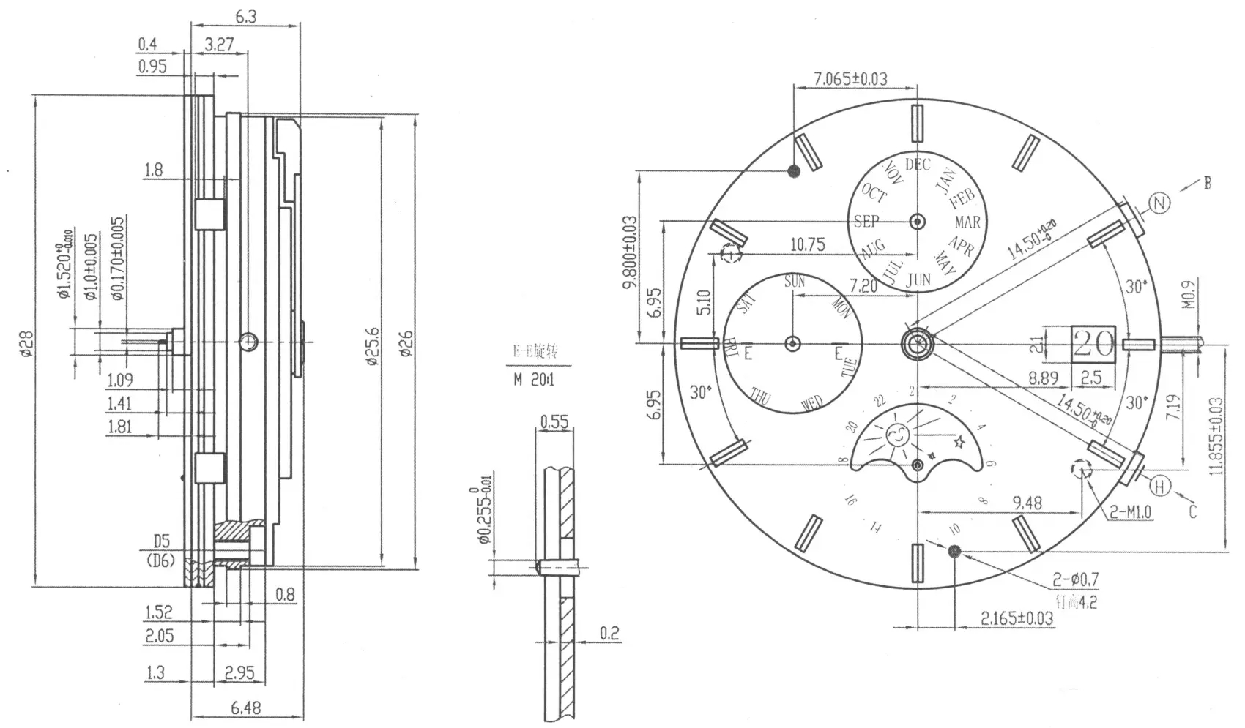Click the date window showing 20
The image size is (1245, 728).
pos(1093,342)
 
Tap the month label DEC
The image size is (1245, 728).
pos(917,164)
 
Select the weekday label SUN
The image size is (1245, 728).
pos(795,282)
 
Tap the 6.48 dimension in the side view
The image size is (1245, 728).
pos(245,708)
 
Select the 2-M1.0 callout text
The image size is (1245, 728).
pos(1131,513)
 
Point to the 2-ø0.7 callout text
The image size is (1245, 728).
pos(1076,579)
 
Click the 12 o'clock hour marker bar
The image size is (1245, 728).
pos(917,123)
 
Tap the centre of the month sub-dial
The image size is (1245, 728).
pos(917,221)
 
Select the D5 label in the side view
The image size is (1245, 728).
pos(161,541)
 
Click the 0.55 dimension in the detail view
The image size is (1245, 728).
pos(554,421)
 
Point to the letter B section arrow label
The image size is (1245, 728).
pos(1207,183)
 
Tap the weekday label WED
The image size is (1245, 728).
pos(812,403)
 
